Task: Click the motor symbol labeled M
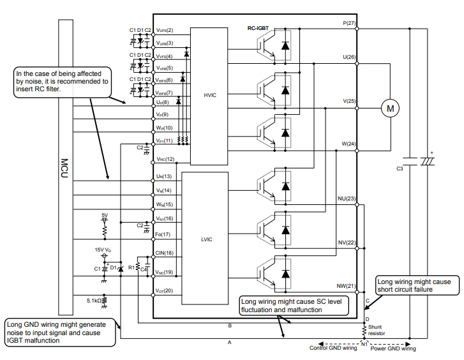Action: [390, 109]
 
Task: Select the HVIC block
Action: [209, 96]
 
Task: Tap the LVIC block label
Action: [207, 239]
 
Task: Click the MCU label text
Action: [64, 168]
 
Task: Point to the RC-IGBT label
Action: [258, 29]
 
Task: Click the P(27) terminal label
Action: [349, 23]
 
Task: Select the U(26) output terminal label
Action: [349, 57]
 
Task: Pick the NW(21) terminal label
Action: [346, 286]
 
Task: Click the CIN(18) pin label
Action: [164, 253]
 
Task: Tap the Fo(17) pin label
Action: [163, 234]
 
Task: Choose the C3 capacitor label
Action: [400, 169]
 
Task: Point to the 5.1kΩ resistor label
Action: [94, 301]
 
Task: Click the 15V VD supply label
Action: [103, 250]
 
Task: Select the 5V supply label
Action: [105, 215]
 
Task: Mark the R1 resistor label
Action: [131, 267]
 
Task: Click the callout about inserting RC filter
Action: [63, 82]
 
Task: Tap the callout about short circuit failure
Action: [417, 285]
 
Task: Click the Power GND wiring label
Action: [393, 349]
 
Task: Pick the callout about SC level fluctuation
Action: [294, 306]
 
